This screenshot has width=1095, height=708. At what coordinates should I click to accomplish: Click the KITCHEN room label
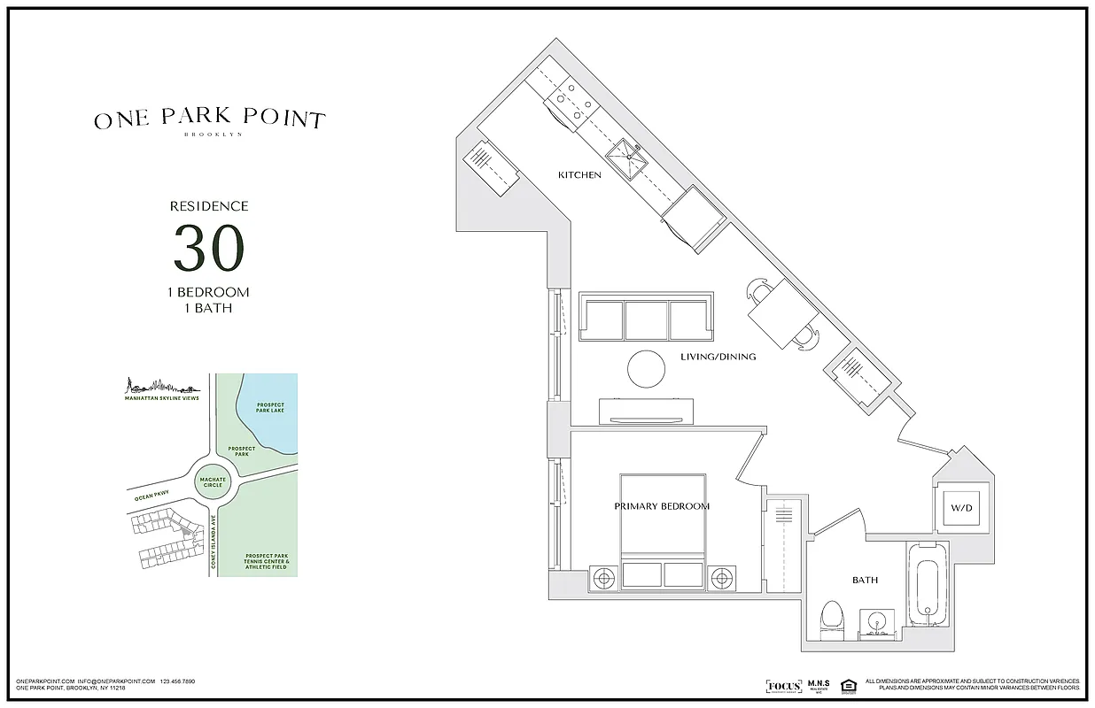[x=579, y=175]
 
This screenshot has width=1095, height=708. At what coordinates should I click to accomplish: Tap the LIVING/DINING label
[x=718, y=358]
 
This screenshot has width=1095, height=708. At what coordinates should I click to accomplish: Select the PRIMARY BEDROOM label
[x=662, y=506]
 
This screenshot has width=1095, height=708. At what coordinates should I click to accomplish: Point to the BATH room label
[x=865, y=581]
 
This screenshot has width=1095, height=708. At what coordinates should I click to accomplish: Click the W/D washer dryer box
[x=961, y=509]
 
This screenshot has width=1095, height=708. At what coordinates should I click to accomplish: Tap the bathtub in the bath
[x=928, y=589]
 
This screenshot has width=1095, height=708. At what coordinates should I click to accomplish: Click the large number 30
[x=208, y=249]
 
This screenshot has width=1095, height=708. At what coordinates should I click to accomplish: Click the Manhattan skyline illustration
[x=160, y=387]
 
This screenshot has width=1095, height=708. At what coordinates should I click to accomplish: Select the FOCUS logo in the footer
[x=783, y=686]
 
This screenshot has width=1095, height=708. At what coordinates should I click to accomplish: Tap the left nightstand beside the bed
[x=605, y=578]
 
